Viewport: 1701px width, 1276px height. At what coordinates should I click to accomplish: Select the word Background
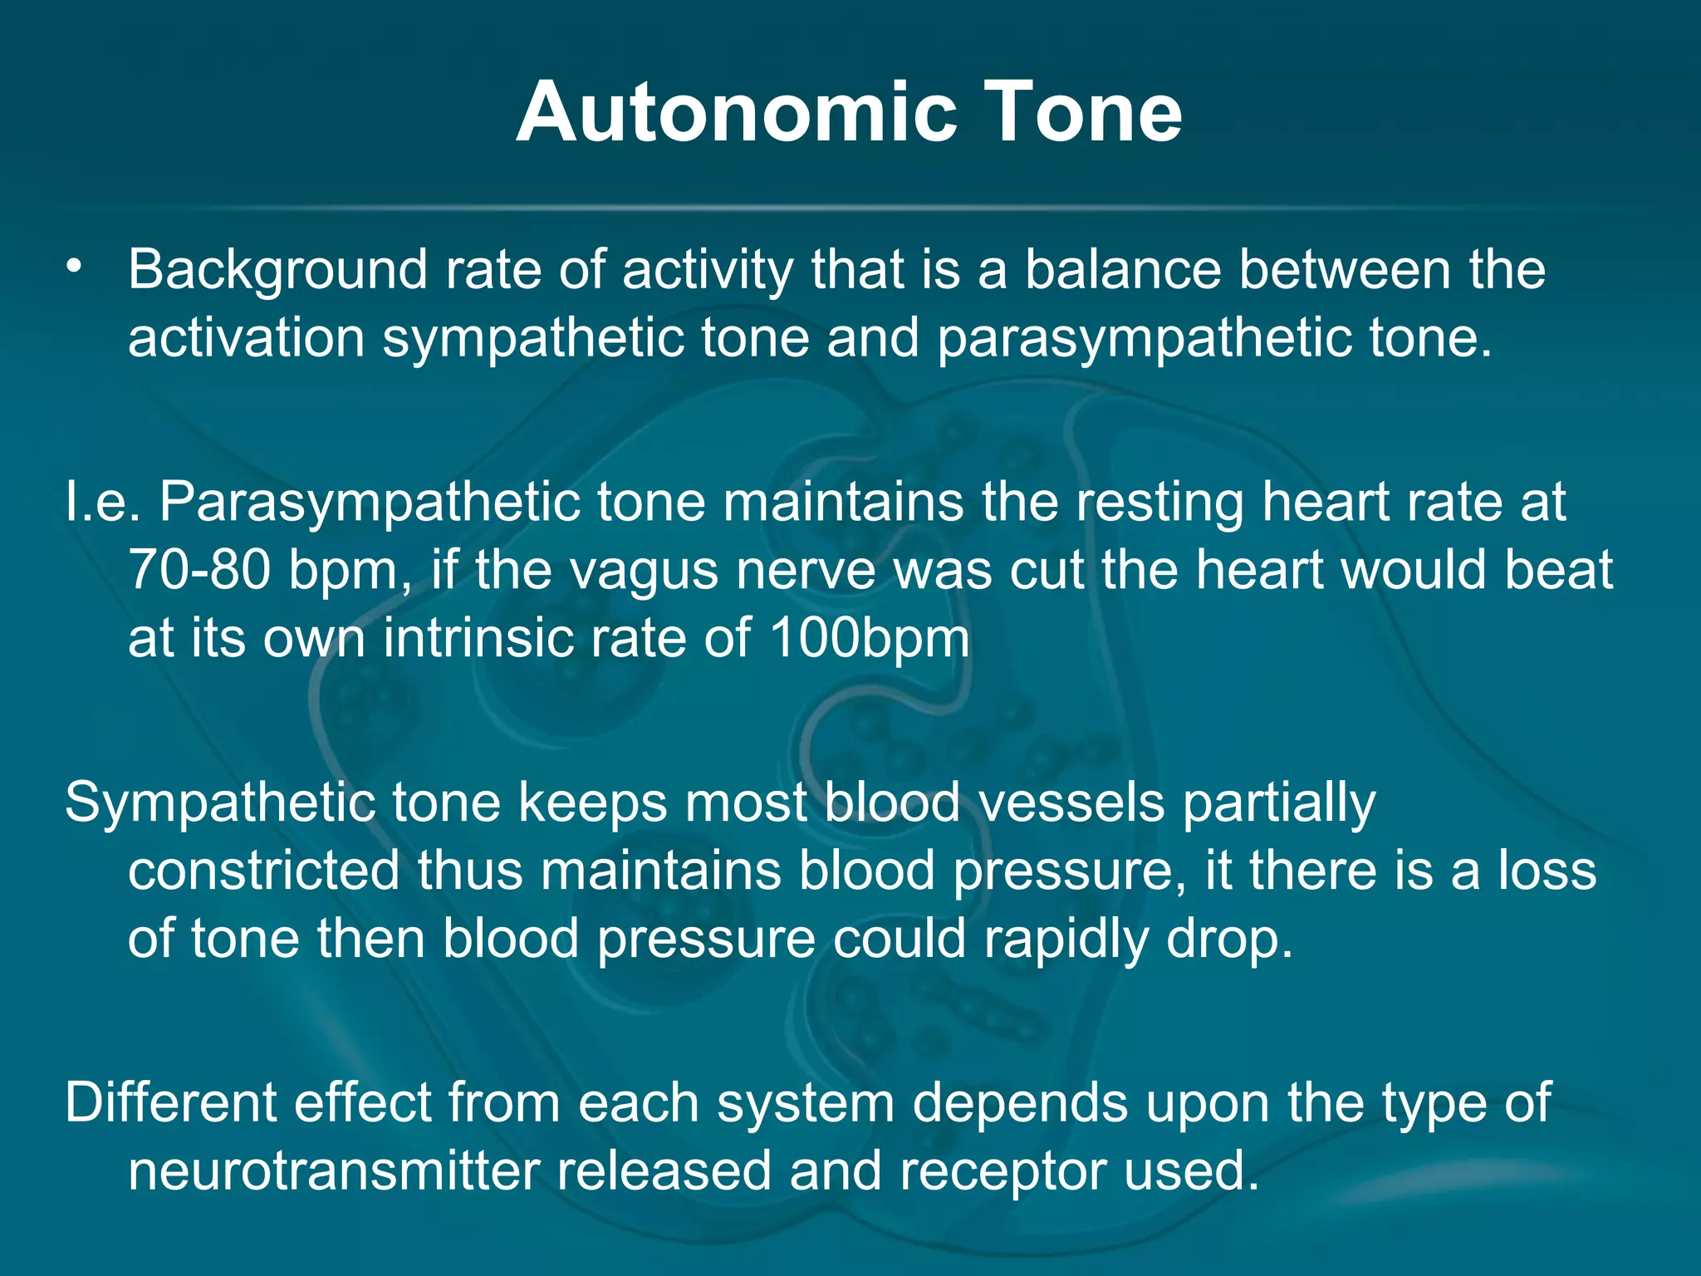tap(277, 271)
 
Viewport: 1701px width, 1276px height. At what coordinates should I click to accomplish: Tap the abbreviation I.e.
tap(103, 503)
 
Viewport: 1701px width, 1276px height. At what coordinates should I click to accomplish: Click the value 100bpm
tap(870, 640)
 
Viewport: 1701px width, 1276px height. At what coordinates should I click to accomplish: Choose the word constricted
tap(263, 871)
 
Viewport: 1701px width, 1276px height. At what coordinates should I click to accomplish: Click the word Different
tap(170, 1103)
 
